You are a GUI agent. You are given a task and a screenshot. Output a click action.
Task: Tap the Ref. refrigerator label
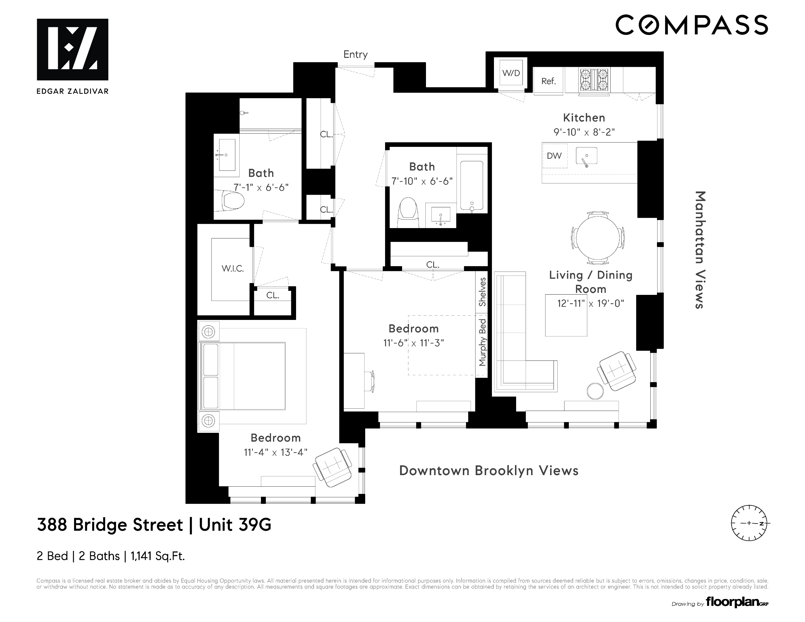pyautogui.click(x=548, y=81)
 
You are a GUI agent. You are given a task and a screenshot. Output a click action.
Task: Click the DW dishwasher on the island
pyautogui.click(x=554, y=156)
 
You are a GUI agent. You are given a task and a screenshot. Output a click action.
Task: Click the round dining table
pyautogui.click(x=598, y=238)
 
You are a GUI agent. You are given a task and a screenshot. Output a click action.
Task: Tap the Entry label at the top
pyautogui.click(x=355, y=54)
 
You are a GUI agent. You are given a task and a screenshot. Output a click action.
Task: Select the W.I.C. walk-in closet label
pyautogui.click(x=233, y=269)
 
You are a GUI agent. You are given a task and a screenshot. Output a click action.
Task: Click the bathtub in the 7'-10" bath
pyautogui.click(x=472, y=186)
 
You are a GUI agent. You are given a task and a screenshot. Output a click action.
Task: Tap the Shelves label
pyautogui.click(x=482, y=292)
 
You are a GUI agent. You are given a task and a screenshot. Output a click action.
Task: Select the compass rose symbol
pyautogui.click(x=749, y=523)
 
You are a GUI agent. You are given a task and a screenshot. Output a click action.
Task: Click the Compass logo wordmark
pyautogui.click(x=692, y=25)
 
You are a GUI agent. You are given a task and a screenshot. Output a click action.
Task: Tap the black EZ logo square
pyautogui.click(x=73, y=49)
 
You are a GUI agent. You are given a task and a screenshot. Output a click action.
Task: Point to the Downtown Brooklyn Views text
pyautogui.click(x=489, y=471)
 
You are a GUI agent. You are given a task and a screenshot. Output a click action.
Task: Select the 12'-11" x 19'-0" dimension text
pyautogui.click(x=590, y=304)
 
